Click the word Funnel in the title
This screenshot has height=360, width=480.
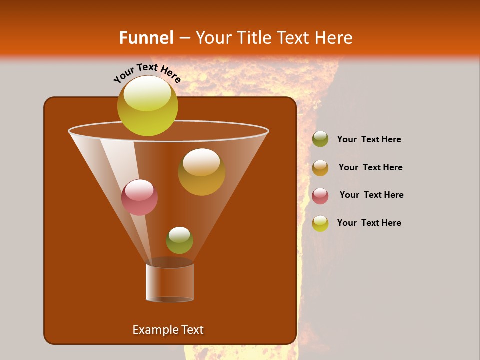[146, 38]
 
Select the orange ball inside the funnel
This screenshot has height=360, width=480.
[201, 172]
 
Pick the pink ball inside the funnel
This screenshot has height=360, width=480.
[140, 197]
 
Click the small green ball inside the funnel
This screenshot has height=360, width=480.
[179, 240]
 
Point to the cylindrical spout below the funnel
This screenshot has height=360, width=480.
[170, 282]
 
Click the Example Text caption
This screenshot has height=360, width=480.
[168, 330]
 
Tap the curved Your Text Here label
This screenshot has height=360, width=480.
[147, 73]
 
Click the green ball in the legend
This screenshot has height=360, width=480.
[320, 139]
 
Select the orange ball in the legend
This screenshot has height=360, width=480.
[320, 168]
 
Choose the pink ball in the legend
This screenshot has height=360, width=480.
[320, 196]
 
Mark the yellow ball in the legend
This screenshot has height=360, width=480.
[320, 223]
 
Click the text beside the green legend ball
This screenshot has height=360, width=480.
[369, 140]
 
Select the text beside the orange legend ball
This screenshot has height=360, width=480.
[370, 168]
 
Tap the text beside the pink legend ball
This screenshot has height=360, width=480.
[371, 195]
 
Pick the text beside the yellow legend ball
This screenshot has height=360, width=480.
[369, 223]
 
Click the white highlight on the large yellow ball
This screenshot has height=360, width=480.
[147, 94]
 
